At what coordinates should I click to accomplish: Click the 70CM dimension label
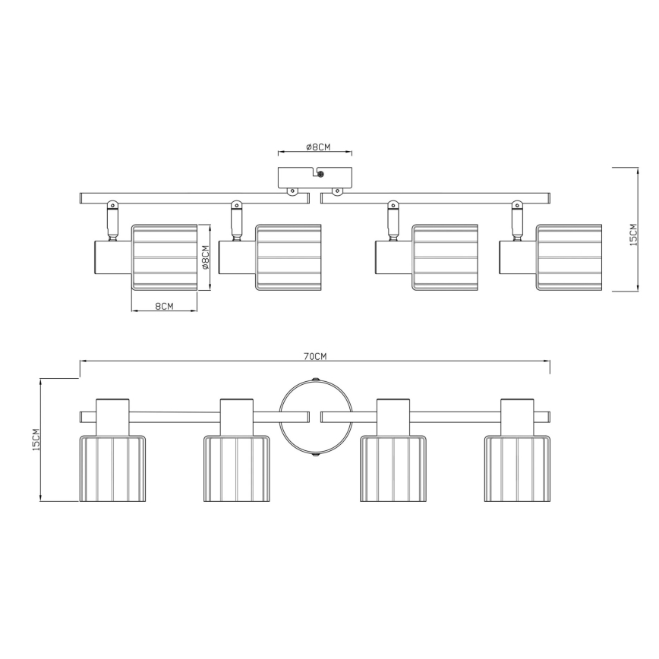pos(315,356)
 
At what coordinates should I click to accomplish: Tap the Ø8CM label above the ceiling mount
pos(318,147)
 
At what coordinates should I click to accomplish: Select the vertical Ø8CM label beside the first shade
pos(205,257)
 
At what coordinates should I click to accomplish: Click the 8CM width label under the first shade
pos(164,307)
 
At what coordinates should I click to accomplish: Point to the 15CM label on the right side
pos(633,235)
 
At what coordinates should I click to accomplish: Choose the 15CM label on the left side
pos(36,440)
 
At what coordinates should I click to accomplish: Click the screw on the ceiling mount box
pos(320,174)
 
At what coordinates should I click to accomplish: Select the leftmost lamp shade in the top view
pos(164,257)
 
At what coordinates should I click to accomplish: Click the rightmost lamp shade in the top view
pos(569,257)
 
